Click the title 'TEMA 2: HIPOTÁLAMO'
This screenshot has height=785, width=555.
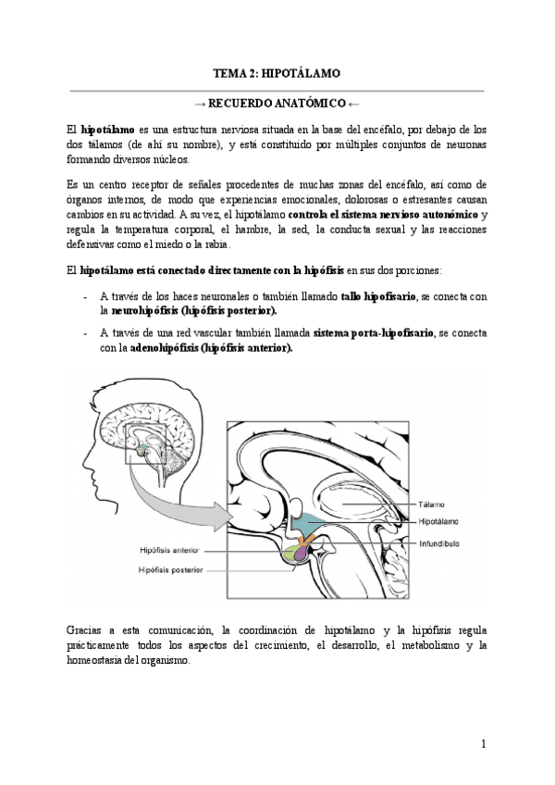click(277, 72)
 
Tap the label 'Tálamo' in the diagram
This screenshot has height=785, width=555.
click(431, 505)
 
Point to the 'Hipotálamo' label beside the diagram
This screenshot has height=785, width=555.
click(438, 522)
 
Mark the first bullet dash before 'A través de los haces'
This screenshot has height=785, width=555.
click(85, 297)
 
